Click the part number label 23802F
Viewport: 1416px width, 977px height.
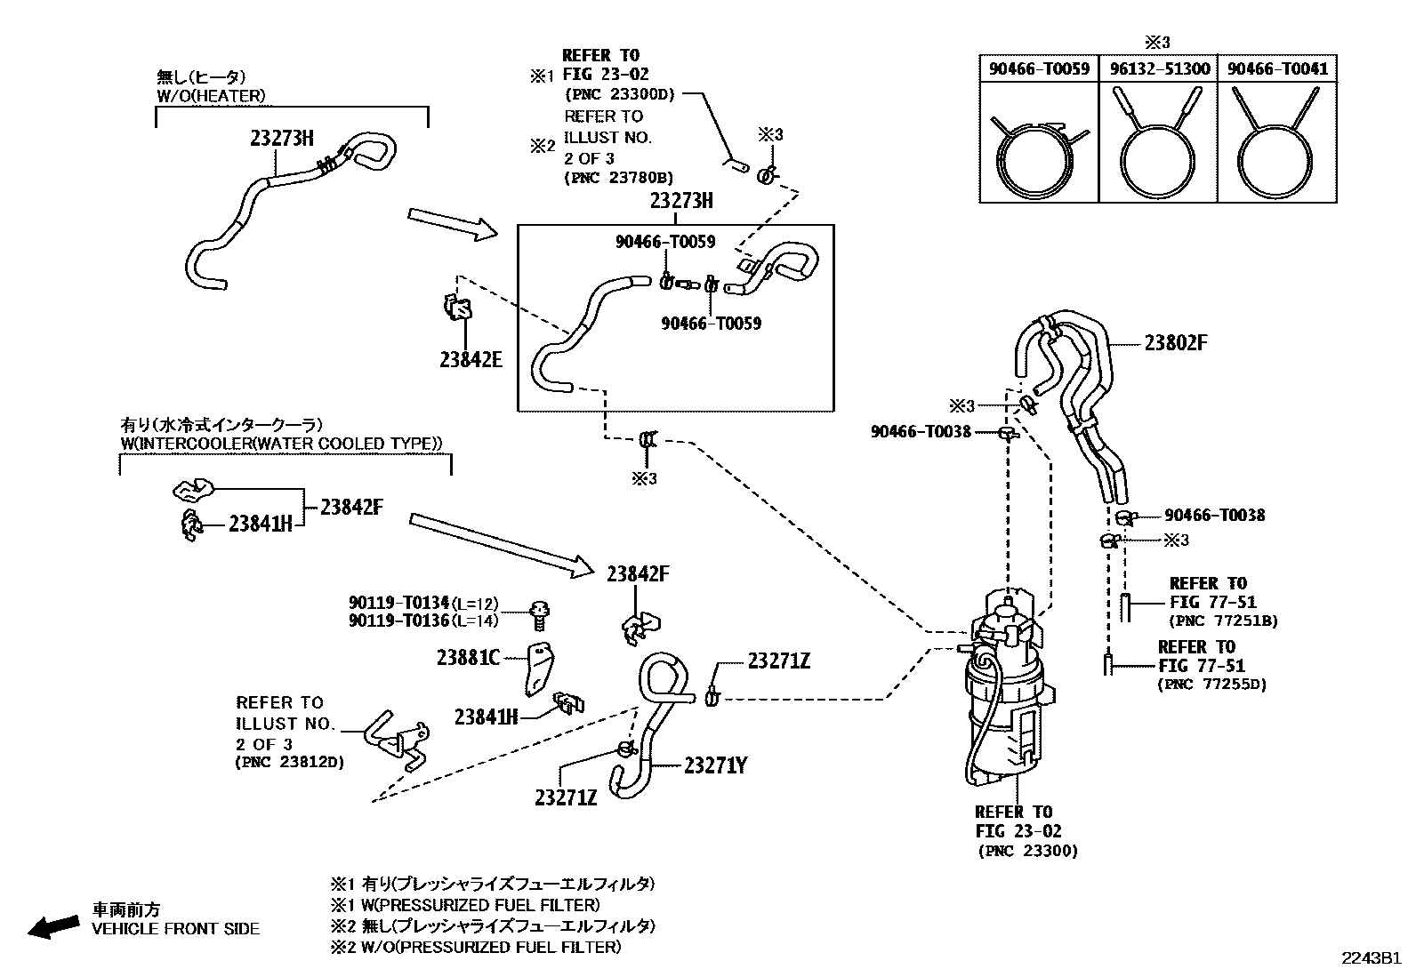click(1176, 343)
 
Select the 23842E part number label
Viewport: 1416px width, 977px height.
click(471, 359)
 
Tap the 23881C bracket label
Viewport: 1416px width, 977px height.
click(468, 658)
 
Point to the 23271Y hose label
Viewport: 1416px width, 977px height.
click(715, 765)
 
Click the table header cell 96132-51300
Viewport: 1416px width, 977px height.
click(1159, 69)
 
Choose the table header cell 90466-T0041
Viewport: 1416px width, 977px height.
click(1277, 69)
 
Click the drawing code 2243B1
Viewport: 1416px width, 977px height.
click(1371, 958)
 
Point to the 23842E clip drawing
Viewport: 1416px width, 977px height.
click(458, 308)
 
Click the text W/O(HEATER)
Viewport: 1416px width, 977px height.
click(211, 95)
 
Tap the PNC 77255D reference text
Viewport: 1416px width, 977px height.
click(1212, 684)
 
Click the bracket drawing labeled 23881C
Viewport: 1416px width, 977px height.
click(537, 669)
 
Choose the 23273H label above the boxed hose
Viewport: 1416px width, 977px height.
click(681, 202)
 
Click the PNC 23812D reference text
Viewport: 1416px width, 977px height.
click(289, 762)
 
